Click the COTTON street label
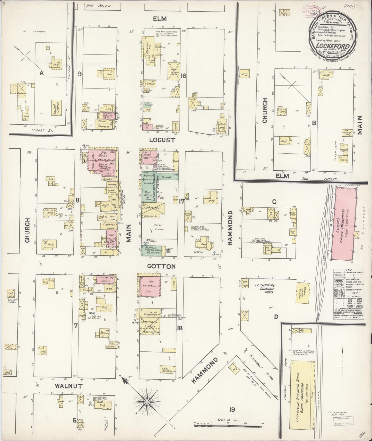[161, 266]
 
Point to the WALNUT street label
[68, 386]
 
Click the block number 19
[233, 409]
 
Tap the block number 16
[183, 76]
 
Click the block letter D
[276, 317]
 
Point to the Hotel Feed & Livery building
[174, 69]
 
